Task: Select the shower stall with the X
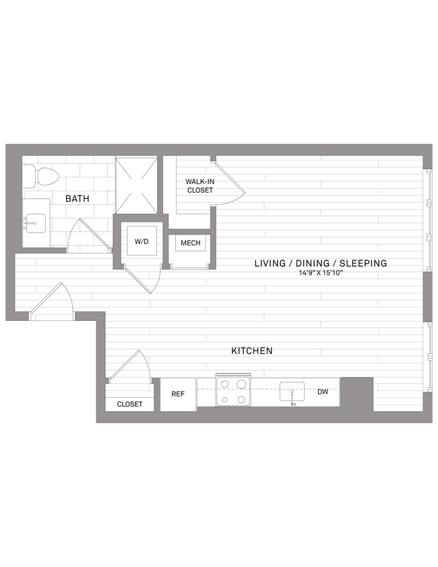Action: click(x=137, y=185)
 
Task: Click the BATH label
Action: click(x=77, y=199)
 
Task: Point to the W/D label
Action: click(x=142, y=241)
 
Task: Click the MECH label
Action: click(x=190, y=243)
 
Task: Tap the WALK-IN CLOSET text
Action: click(x=199, y=186)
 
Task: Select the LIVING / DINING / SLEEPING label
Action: click(x=320, y=263)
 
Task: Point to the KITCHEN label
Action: click(x=251, y=351)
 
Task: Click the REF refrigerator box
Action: click(x=178, y=394)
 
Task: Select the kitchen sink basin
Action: click(x=292, y=392)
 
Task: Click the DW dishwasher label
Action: click(x=323, y=392)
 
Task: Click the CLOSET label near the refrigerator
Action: click(x=129, y=404)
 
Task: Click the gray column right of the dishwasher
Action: click(x=356, y=393)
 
